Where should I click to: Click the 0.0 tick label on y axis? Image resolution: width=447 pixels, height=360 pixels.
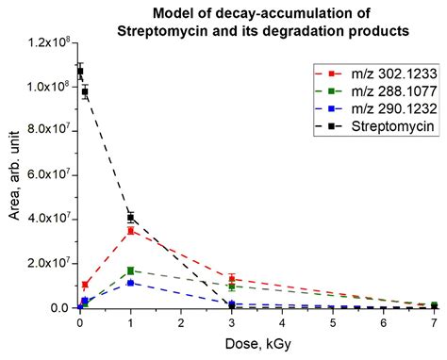(x=59, y=307)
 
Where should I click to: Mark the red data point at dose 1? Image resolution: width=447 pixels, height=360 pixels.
(x=130, y=231)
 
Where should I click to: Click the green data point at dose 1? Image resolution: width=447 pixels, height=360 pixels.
(x=130, y=270)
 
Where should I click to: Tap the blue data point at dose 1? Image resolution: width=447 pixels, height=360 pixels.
(x=130, y=283)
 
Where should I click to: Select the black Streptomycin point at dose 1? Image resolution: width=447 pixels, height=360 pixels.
(x=130, y=218)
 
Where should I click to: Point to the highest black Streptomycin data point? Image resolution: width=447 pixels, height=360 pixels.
(x=80, y=71)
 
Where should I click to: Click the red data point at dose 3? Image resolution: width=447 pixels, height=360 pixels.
(x=232, y=279)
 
